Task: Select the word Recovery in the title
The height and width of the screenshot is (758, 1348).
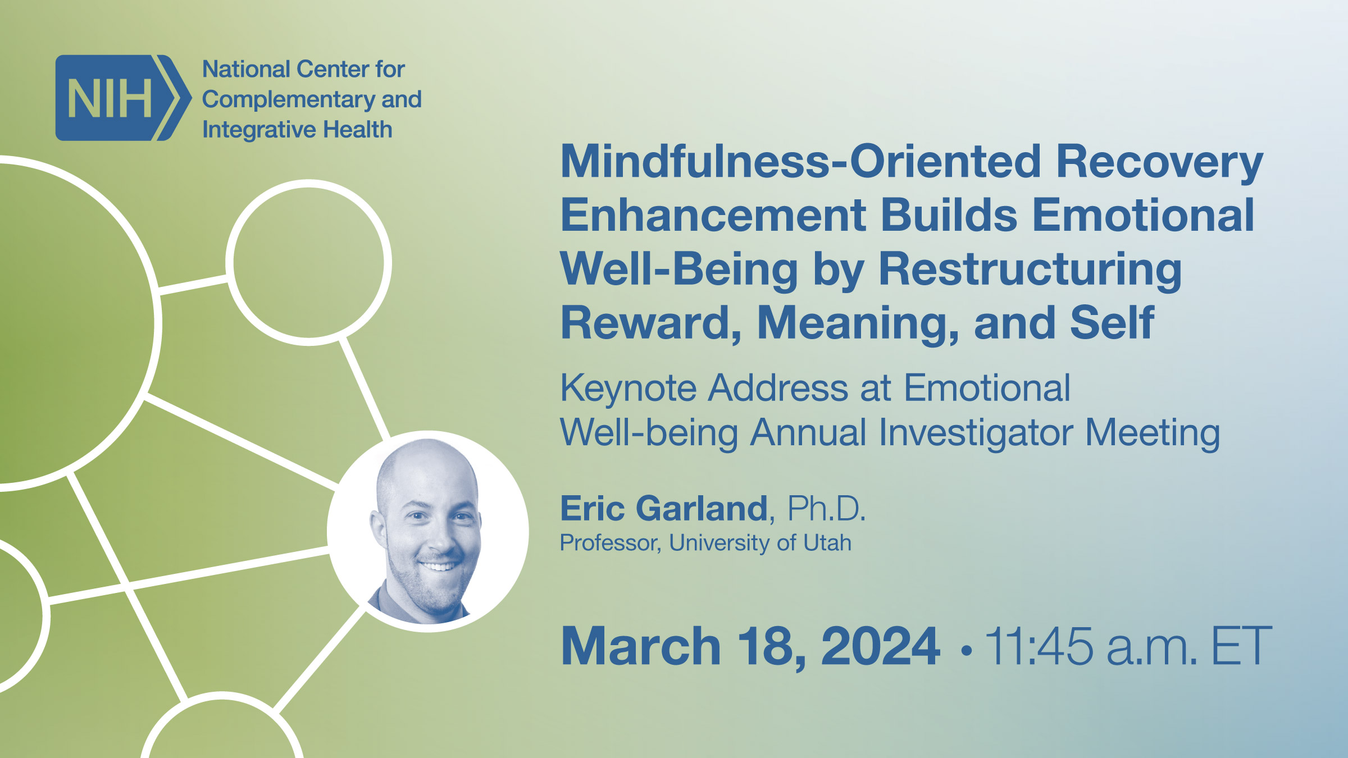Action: [x=1159, y=162]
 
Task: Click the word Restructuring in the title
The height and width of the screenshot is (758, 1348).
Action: [x=1030, y=269]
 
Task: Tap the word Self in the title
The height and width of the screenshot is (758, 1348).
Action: [x=1112, y=323]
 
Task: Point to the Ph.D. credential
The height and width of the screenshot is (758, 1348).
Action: [x=826, y=509]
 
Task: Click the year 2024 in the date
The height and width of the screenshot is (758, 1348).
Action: [x=880, y=647]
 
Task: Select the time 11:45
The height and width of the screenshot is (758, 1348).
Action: [x=1039, y=647]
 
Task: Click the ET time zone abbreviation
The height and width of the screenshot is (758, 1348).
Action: [x=1241, y=647]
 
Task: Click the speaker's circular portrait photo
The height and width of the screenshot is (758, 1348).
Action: [x=428, y=531]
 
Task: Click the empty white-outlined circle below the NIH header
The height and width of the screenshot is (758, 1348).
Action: [x=308, y=262]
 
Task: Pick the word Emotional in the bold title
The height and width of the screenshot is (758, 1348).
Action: [x=1142, y=215]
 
